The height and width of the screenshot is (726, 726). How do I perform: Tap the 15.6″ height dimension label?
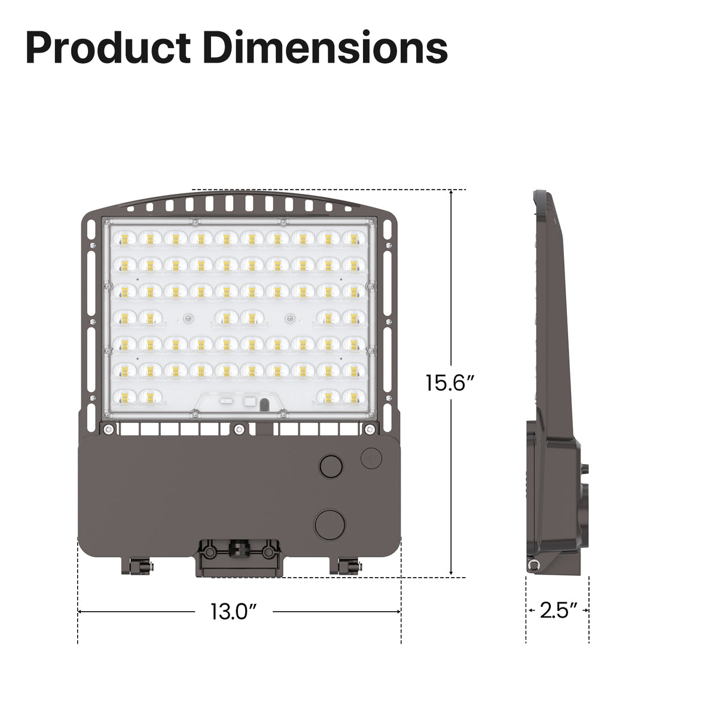coord(450,383)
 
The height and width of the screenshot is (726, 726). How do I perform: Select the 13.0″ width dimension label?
coord(233,611)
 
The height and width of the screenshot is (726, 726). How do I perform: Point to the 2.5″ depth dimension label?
coord(558,611)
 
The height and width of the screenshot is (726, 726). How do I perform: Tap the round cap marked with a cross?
coord(371,457)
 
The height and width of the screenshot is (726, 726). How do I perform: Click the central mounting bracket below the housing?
coord(239,556)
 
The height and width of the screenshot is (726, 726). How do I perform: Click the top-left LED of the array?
coord(124,239)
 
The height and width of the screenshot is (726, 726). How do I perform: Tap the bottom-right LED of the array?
coord(354,396)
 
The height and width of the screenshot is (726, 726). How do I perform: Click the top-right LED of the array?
coord(354,239)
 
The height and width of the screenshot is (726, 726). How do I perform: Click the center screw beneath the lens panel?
coord(239,428)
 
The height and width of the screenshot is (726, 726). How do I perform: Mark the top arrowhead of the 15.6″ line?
coord(451,193)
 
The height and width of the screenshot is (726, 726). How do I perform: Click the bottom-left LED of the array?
coord(124,396)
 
